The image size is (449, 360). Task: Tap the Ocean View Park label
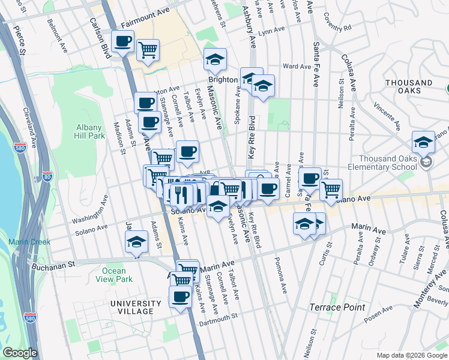pyautogui.click(x=114, y=275)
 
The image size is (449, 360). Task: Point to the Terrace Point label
pyautogui.click(x=337, y=307)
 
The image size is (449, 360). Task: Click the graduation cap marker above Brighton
pyautogui.click(x=215, y=59)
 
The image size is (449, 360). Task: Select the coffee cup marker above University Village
pyautogui.click(x=179, y=296)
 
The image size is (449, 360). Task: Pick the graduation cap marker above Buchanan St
pyautogui.click(x=136, y=242)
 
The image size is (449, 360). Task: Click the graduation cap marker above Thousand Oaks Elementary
pyautogui.click(x=423, y=142)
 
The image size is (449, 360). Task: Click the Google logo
pyautogui.click(x=19, y=353)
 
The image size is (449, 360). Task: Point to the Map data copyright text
pyautogui.click(x=411, y=355)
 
